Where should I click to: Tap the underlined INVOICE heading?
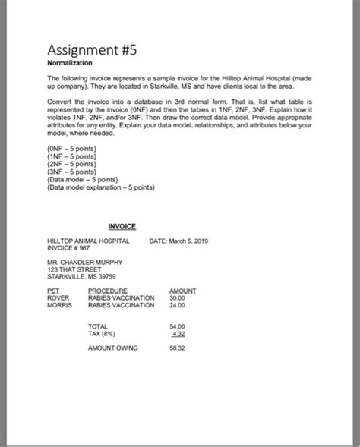[122, 226]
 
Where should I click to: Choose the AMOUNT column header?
[183, 290]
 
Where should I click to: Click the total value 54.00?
[177, 326]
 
